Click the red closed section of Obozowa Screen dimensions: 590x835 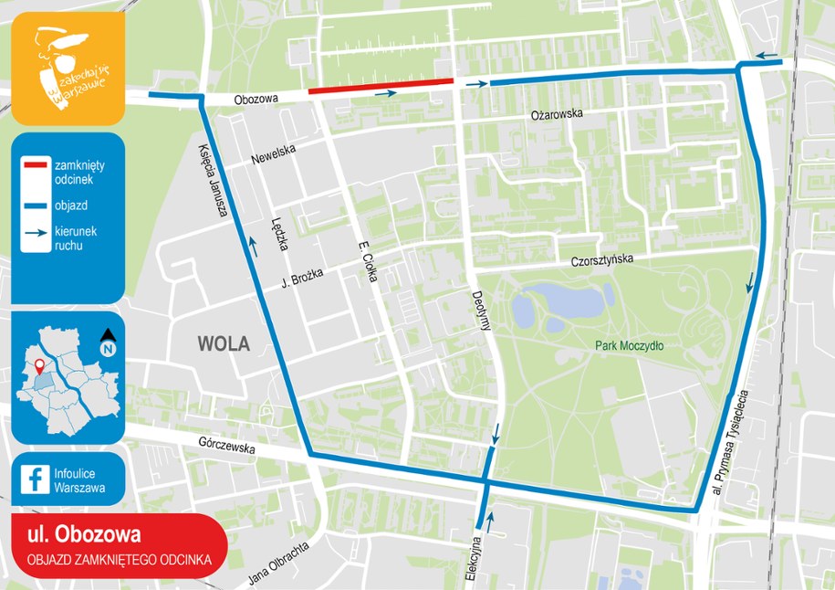[x=381, y=86]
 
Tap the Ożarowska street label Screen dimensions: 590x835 [x=556, y=115]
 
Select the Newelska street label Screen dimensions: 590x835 [x=274, y=156]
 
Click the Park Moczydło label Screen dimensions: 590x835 [x=629, y=346]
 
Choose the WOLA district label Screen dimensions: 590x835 [x=224, y=343]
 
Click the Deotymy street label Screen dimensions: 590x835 [x=481, y=316]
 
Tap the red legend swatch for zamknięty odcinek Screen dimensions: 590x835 [x=37, y=165]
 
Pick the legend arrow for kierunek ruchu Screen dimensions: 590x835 [x=37, y=234]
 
